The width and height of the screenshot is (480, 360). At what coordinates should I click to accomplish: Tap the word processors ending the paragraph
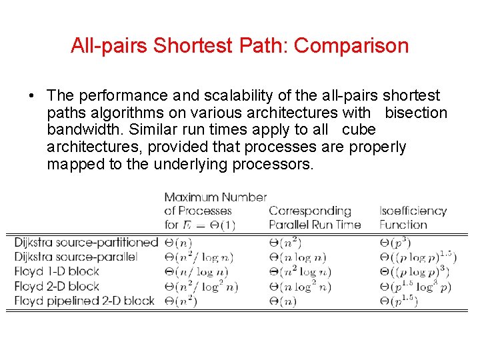tap(272, 163)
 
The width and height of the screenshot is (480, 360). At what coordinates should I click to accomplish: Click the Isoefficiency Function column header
tap(413, 218)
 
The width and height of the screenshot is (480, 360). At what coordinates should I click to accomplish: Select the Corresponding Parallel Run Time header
tap(314, 218)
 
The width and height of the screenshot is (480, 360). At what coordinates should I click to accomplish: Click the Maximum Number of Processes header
tap(215, 211)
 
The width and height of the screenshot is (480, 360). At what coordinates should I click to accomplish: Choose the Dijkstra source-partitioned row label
tap(86, 243)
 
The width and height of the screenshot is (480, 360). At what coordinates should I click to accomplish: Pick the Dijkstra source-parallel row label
tap(75, 257)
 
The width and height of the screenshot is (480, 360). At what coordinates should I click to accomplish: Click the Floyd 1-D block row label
tap(57, 271)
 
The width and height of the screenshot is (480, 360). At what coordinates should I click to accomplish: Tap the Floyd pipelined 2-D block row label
tap(84, 301)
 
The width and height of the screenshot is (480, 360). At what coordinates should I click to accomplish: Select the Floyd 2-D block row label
tap(57, 286)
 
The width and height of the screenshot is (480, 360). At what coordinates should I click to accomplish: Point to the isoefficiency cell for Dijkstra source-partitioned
tap(396, 243)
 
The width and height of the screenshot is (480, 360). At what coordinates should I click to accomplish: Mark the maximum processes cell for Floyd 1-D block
tap(196, 271)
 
